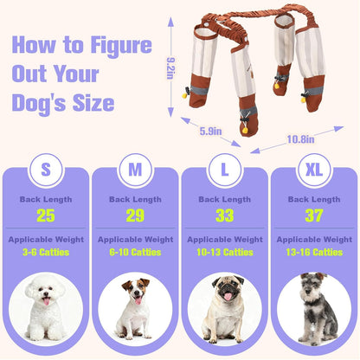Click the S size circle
tap(45, 169)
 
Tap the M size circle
tap(135, 169)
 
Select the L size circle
tap(224, 169)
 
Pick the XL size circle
tap(314, 169)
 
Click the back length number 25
tap(45, 215)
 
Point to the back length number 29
tap(135, 215)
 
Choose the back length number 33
tap(224, 215)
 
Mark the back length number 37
tap(314, 215)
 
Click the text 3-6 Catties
tap(45, 253)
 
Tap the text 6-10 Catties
tap(135, 253)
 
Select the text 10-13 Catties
tap(224, 253)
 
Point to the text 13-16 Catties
tap(314, 253)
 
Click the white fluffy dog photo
tap(45, 307)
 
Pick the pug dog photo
tap(224, 307)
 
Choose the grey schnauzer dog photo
tap(314, 307)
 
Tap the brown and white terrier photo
tap(135, 307)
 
